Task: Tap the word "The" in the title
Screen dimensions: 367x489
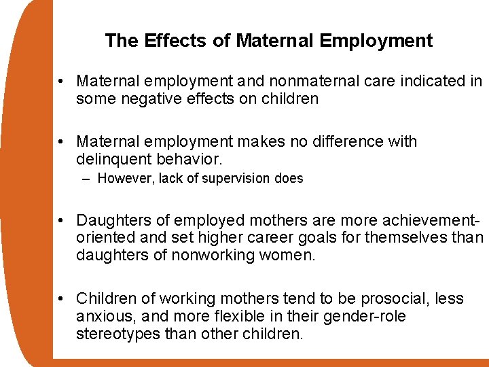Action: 122,41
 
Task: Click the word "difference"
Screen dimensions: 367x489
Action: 345,142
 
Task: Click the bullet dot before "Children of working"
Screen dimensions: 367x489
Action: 61,299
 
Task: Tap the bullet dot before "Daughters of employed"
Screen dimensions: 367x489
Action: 61,221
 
